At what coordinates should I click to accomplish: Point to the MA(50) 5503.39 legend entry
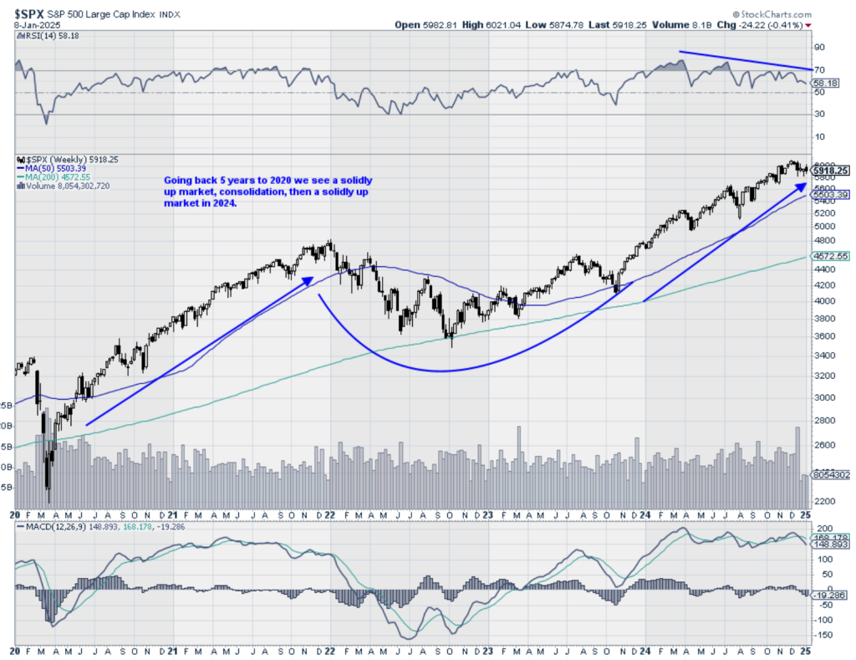point(56,168)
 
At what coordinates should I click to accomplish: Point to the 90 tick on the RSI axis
point(819,48)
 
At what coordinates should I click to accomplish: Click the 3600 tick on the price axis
point(824,336)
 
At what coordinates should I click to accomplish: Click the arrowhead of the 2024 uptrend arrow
point(803,184)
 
